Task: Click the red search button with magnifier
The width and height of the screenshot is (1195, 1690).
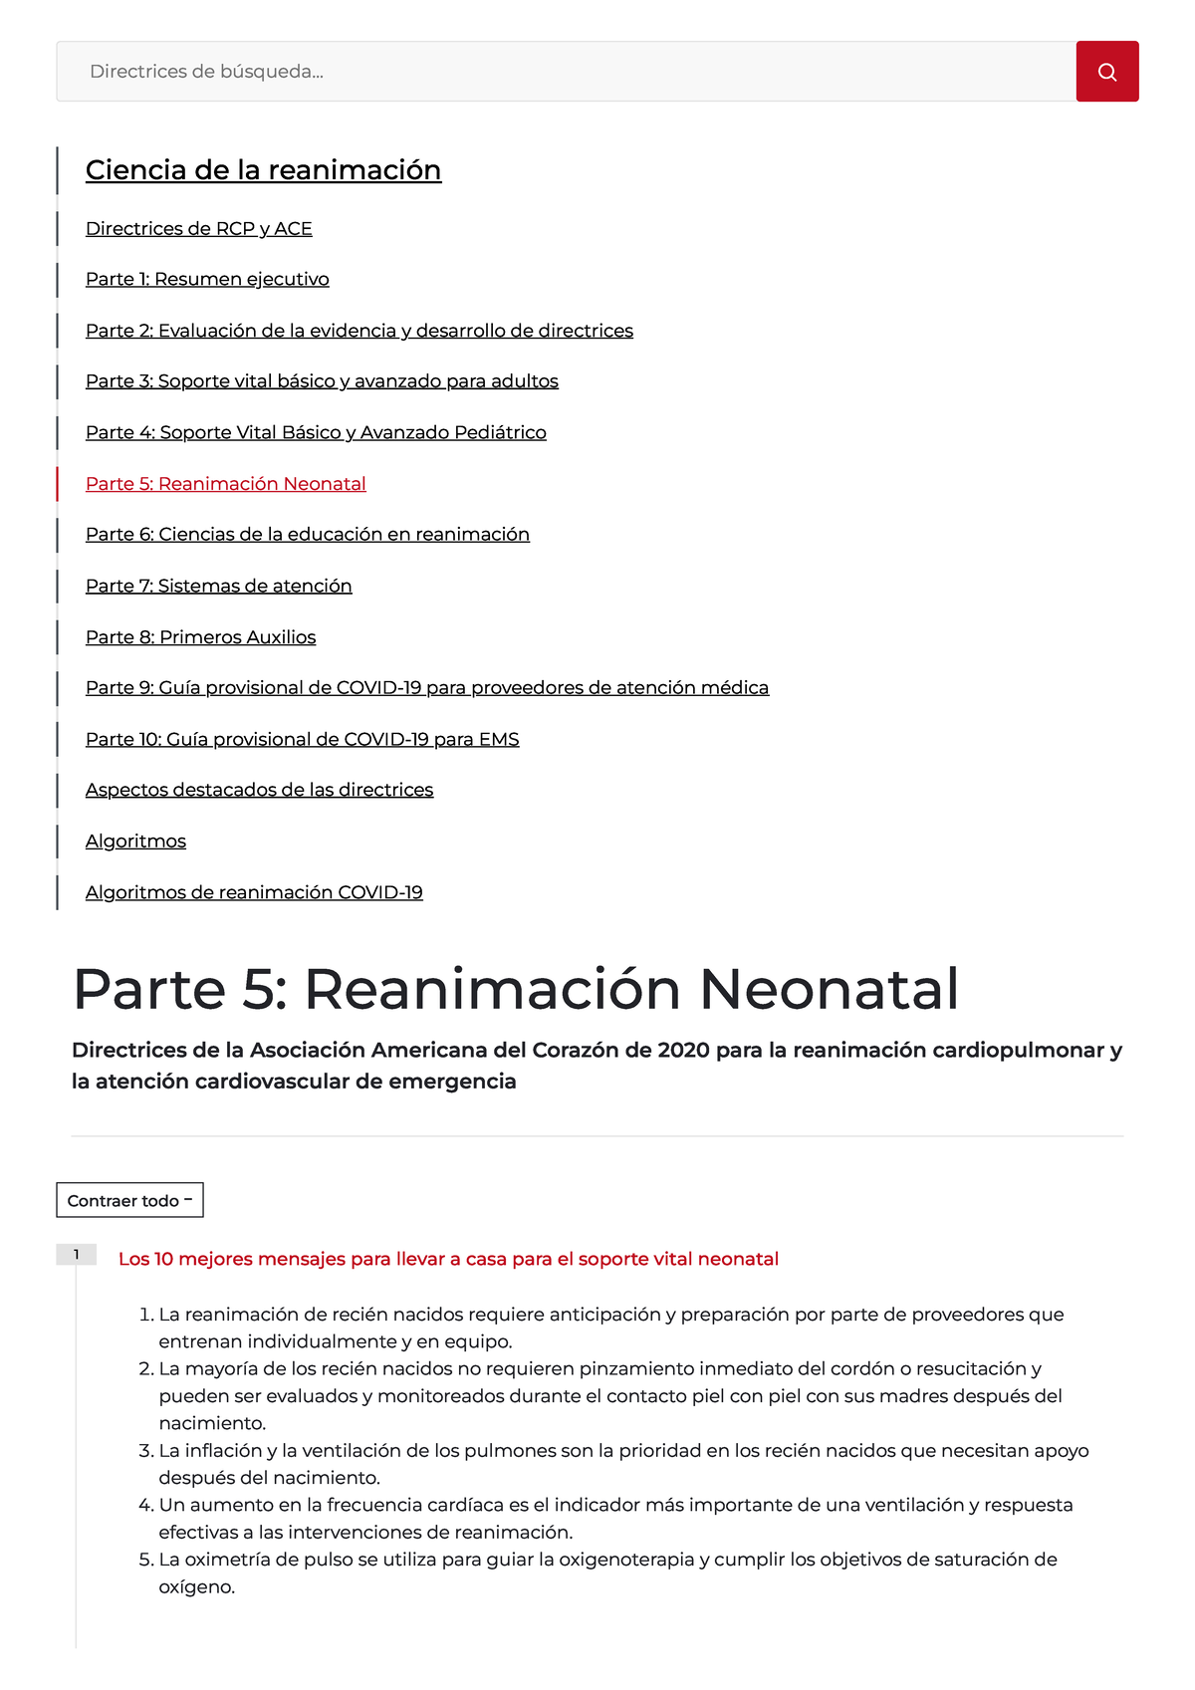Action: pyautogui.click(x=1106, y=72)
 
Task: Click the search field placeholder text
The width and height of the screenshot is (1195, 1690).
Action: pyautogui.click(x=206, y=72)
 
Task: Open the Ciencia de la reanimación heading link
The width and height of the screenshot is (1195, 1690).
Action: pyautogui.click(x=263, y=170)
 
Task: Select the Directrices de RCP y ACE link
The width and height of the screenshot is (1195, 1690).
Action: pyautogui.click(x=199, y=229)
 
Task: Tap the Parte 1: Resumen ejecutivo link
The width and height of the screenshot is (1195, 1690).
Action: pyautogui.click(x=207, y=280)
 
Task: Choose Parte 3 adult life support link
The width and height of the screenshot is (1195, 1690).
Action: pyautogui.click(x=322, y=381)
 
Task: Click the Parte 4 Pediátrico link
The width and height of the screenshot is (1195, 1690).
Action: pyautogui.click(x=316, y=432)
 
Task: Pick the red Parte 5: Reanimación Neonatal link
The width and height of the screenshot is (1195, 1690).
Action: pyautogui.click(x=226, y=484)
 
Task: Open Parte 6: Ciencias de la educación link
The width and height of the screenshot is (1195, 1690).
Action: pyautogui.click(x=308, y=535)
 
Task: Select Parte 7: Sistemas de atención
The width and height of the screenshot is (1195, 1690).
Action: pyautogui.click(x=219, y=587)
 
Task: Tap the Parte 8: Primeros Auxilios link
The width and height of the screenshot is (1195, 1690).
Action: pyautogui.click(x=201, y=637)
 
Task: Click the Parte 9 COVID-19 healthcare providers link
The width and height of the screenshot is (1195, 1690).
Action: pyautogui.click(x=427, y=688)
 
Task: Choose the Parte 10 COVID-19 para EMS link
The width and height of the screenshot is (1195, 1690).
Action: pyautogui.click(x=303, y=739)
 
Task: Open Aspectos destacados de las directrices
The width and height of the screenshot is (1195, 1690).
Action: pyautogui.click(x=260, y=790)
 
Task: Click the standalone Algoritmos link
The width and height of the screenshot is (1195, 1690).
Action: pyautogui.click(x=135, y=842)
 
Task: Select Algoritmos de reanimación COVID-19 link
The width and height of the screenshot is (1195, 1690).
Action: pyautogui.click(x=254, y=892)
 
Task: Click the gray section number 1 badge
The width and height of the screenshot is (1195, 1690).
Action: pyautogui.click(x=77, y=1255)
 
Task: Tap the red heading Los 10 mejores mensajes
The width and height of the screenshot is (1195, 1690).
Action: pyautogui.click(x=448, y=1259)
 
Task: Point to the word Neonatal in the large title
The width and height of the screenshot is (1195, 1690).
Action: pyautogui.click(x=829, y=989)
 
